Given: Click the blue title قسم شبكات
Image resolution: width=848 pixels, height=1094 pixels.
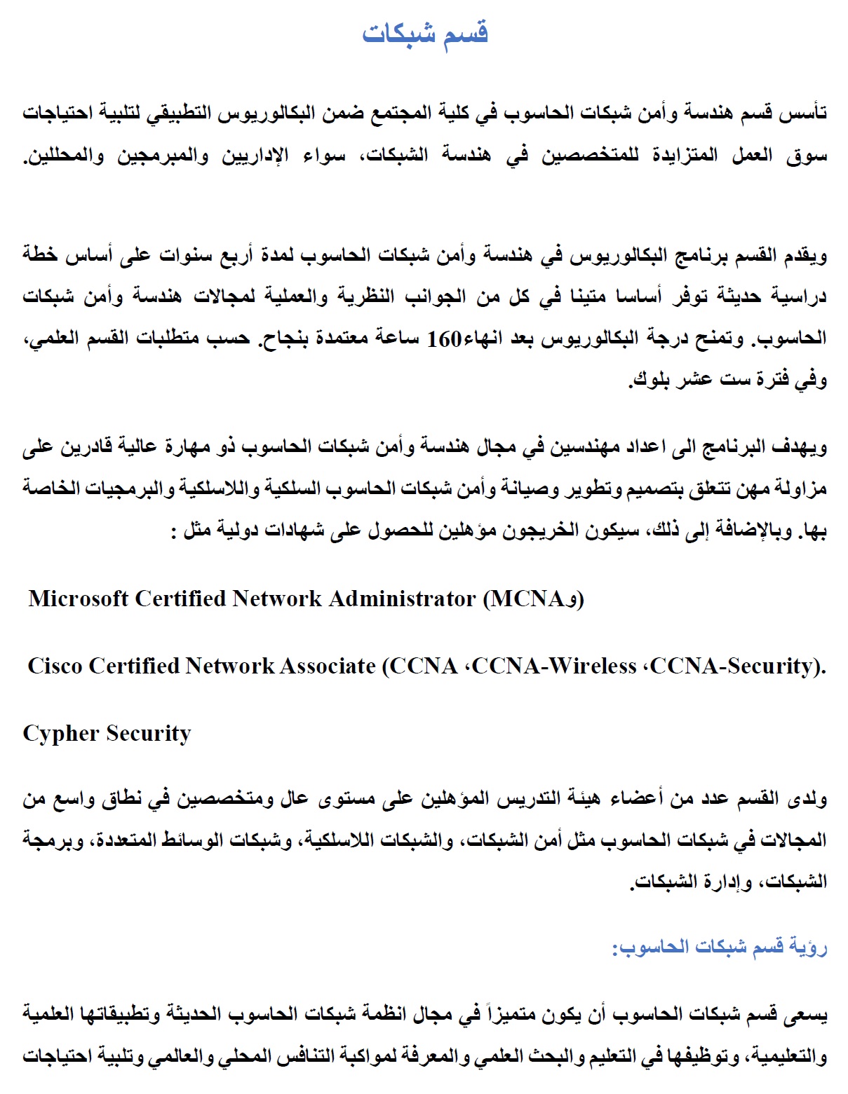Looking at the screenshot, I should pyautogui.click(x=425, y=33).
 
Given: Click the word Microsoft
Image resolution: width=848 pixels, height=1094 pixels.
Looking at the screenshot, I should pyautogui.click(x=79, y=599).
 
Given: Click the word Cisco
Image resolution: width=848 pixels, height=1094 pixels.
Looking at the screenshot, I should pyautogui.click(x=55, y=666).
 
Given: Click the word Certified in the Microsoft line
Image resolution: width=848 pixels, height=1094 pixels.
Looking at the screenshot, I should pyautogui.click(x=180, y=599).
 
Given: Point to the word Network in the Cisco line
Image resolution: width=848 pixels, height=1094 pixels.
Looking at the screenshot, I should pyautogui.click(x=229, y=666).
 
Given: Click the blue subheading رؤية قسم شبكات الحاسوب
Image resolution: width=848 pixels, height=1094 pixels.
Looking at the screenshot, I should pyautogui.click(x=720, y=948).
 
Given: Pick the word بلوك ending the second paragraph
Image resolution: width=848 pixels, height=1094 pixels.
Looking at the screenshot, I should pyautogui.click(x=648, y=381).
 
